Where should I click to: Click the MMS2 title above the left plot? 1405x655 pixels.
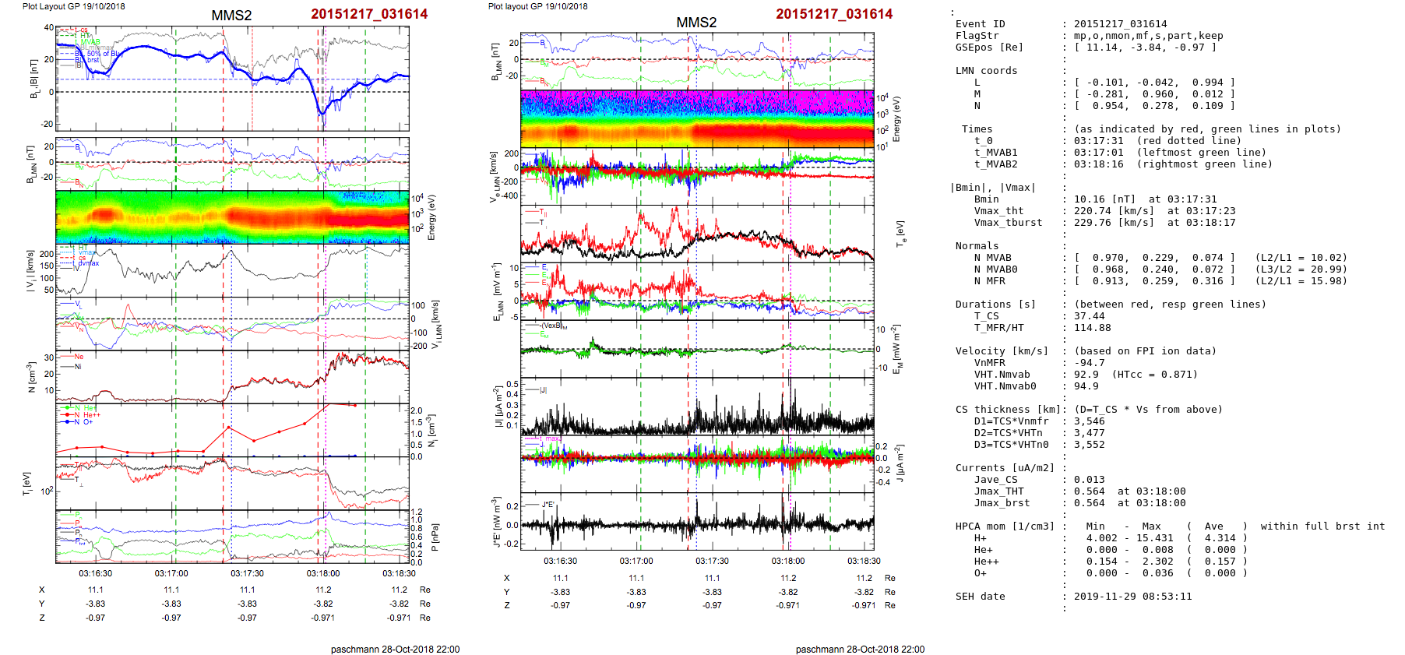(231, 16)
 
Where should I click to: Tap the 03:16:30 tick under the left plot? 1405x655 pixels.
(95, 573)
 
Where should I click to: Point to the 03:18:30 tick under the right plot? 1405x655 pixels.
(864, 561)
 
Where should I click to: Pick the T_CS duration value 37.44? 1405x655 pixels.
(1089, 316)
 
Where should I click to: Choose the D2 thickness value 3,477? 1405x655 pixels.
(1089, 433)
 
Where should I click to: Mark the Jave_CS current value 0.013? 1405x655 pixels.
(1089, 480)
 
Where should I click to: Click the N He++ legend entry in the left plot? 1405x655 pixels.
(83, 415)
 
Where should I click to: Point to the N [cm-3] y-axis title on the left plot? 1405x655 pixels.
(32, 377)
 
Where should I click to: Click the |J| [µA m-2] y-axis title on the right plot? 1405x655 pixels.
(495, 407)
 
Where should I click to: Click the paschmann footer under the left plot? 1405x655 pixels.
(395, 650)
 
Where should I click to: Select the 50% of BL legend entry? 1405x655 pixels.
(103, 54)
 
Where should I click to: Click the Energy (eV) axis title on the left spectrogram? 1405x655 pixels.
(431, 217)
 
